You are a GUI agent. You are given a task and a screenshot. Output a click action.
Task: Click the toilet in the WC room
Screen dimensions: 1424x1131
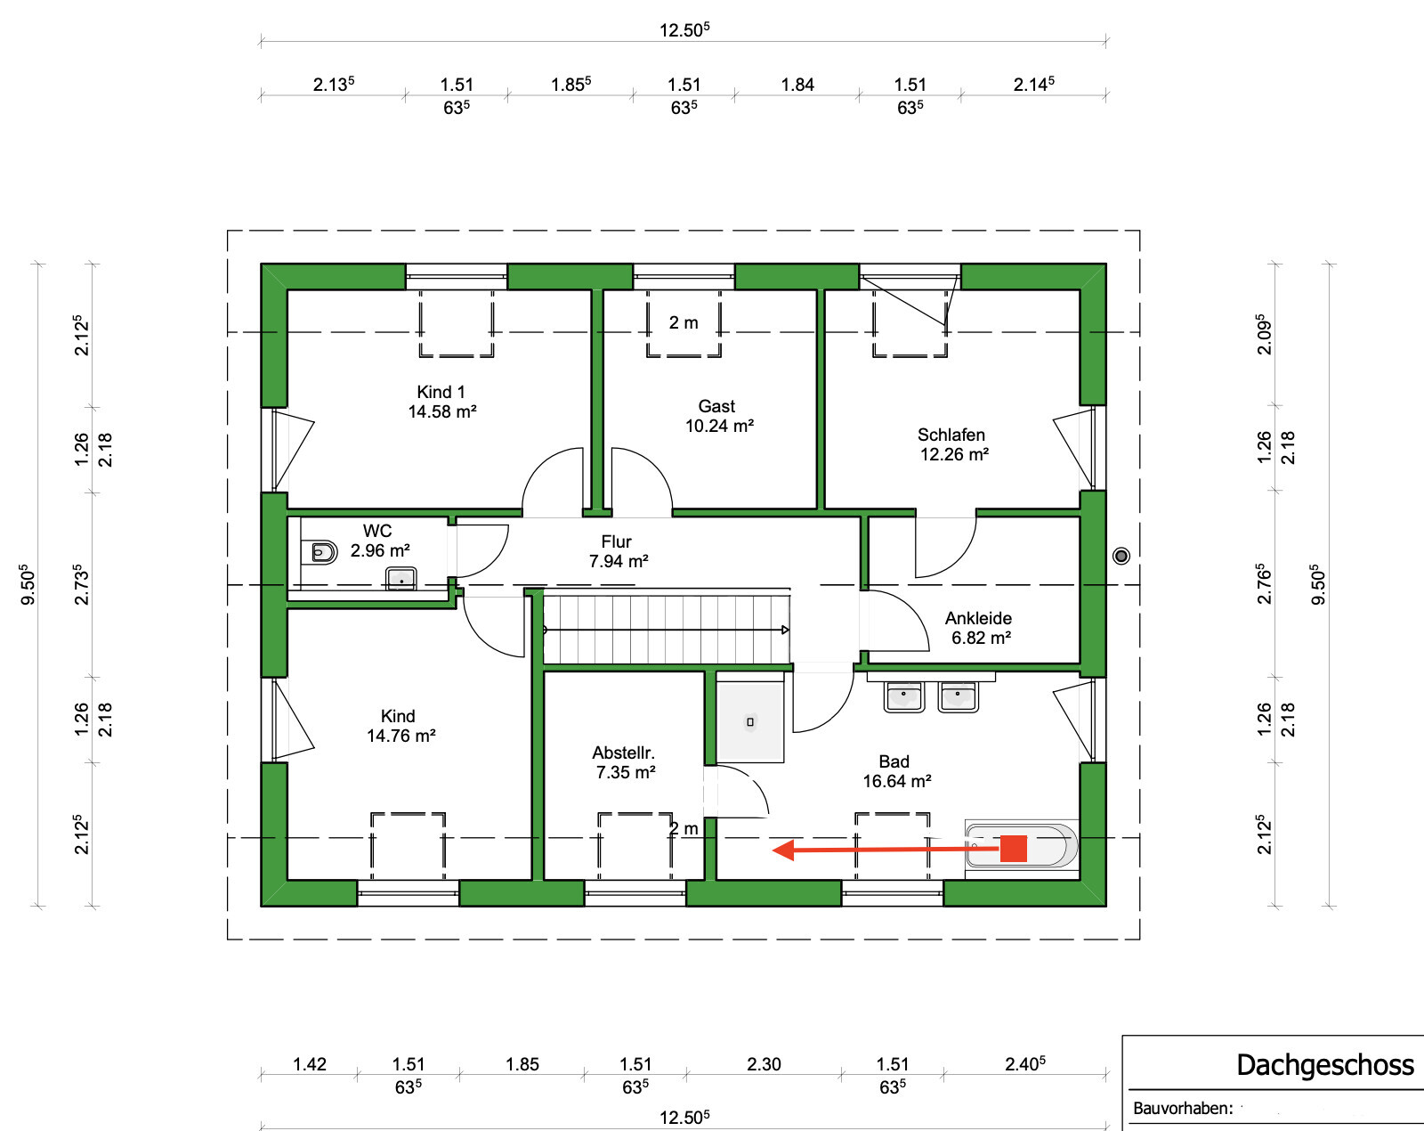324,551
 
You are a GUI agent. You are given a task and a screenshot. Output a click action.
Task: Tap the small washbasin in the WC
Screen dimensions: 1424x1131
401,578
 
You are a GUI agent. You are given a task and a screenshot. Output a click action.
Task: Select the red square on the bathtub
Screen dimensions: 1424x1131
1013,848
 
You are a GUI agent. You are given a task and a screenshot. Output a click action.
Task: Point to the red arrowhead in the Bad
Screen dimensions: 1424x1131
783,850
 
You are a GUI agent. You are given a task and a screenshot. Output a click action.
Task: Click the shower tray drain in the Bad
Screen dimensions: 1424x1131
749,721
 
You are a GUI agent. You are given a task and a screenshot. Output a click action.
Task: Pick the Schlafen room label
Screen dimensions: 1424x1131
951,435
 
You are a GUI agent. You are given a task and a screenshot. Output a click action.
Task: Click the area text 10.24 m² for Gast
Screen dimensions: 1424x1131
719,426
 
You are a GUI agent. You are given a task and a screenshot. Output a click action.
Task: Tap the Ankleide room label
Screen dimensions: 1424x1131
978,618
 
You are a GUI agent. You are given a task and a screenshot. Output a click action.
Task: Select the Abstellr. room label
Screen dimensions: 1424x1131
623,753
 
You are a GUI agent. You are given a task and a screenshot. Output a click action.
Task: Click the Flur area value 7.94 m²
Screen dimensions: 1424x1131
619,561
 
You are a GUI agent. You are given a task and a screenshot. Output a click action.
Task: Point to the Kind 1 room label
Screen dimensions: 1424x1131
441,391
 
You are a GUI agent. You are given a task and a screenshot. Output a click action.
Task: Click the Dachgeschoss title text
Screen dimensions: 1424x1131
1324,1065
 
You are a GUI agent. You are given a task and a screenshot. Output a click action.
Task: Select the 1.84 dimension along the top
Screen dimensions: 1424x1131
797,85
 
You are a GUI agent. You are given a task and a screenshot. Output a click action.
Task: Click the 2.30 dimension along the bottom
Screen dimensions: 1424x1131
764,1064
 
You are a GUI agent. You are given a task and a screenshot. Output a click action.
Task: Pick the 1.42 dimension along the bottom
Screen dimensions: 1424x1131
309,1064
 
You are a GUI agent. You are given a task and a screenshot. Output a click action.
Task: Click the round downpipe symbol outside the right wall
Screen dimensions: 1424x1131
1121,556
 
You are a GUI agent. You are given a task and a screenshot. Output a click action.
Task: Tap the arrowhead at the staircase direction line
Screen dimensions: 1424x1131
785,630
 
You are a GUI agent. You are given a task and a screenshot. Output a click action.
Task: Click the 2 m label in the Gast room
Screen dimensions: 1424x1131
683,322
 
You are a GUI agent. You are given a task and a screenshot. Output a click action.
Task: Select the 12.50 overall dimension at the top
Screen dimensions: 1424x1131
684,29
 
